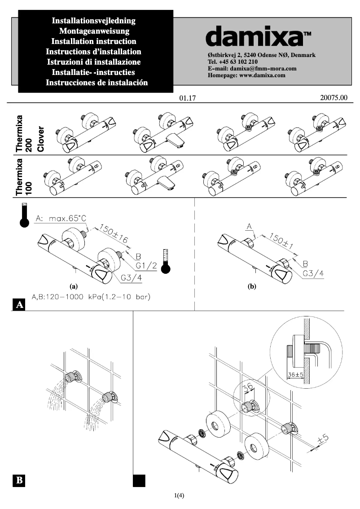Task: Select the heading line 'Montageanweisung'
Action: click(x=94, y=31)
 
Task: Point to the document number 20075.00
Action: click(x=334, y=97)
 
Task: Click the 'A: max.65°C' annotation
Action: click(x=61, y=219)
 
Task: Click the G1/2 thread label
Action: click(x=146, y=266)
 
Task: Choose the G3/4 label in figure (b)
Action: click(x=314, y=273)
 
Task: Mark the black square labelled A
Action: click(x=20, y=305)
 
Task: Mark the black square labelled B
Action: click(x=20, y=480)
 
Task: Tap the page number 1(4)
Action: click(x=180, y=496)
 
